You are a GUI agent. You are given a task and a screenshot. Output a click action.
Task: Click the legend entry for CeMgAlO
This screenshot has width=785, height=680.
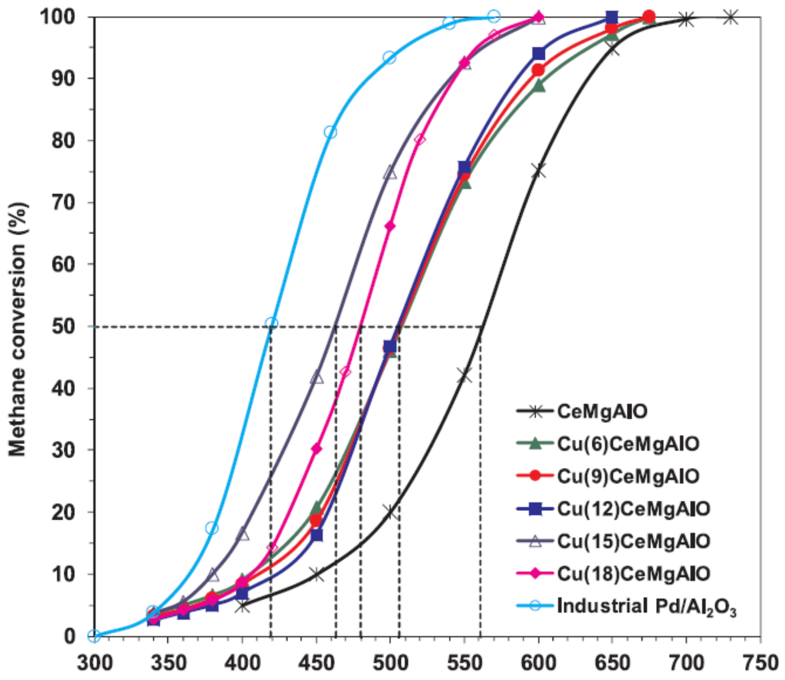(602, 411)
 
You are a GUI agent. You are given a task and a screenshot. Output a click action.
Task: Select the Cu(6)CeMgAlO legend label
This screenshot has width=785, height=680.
(627, 444)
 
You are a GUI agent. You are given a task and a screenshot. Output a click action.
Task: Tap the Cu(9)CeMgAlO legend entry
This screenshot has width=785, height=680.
(627, 476)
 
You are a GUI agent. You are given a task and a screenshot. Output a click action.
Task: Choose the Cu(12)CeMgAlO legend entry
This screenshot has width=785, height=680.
(633, 509)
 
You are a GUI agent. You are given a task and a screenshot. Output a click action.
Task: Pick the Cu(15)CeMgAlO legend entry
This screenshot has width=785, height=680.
(633, 541)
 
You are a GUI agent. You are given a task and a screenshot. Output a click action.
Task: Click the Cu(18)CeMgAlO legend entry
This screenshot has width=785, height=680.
(633, 574)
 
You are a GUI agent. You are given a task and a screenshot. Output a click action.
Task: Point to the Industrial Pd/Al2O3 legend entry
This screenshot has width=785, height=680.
(646, 606)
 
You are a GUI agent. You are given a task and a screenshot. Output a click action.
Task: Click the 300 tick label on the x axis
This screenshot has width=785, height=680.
(95, 663)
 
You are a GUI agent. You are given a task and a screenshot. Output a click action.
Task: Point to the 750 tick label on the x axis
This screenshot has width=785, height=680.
(760, 663)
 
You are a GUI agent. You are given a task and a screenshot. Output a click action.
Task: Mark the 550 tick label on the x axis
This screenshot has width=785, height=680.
(464, 663)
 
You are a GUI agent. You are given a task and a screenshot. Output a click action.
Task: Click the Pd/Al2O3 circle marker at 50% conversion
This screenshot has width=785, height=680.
(271, 324)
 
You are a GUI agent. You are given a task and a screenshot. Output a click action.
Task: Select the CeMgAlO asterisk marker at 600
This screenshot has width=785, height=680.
(538, 171)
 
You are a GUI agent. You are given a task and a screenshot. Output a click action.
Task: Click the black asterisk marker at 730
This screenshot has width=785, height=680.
(731, 17)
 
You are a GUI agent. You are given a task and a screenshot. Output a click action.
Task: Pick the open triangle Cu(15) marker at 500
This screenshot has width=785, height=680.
(390, 173)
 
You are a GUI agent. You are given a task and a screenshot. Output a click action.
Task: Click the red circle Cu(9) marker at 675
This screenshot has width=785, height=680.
(649, 17)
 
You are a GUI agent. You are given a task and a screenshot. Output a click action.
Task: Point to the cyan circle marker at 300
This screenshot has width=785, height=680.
(94, 636)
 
